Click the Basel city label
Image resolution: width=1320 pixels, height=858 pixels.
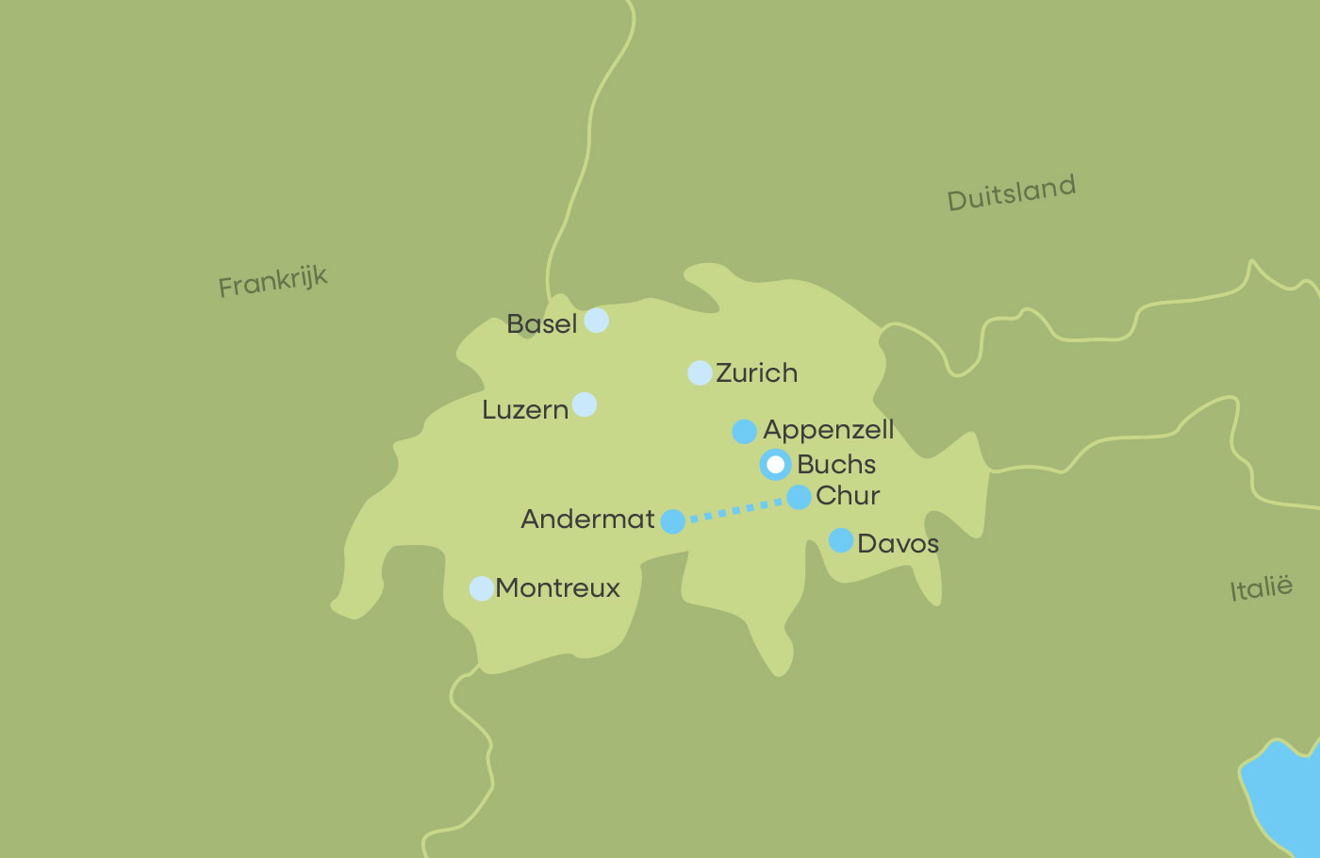541,324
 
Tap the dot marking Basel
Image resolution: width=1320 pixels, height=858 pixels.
596,321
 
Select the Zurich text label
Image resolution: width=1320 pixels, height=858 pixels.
756,373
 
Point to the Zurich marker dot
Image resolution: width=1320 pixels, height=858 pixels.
700,372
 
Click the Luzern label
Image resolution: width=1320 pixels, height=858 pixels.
525,410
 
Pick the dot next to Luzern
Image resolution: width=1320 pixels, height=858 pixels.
585,404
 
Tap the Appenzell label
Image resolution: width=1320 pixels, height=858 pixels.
828,430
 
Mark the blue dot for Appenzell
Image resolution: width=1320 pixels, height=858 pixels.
744,432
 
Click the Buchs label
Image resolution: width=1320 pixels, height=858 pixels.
836,465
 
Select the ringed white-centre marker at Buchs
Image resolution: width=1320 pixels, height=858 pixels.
775,465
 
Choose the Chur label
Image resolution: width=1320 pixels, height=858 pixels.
848,496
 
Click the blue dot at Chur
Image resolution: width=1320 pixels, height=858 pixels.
799,497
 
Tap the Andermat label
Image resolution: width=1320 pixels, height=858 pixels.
587,520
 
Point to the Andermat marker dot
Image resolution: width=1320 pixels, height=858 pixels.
672,521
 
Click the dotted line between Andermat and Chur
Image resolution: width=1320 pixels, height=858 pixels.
735,510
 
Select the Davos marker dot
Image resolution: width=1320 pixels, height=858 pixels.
841,540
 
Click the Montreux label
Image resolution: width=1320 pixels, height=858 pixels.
557,588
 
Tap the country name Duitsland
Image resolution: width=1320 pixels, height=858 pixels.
1011,193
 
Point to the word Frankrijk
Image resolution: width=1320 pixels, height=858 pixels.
272,281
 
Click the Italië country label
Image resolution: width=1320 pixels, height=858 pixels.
1261,589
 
